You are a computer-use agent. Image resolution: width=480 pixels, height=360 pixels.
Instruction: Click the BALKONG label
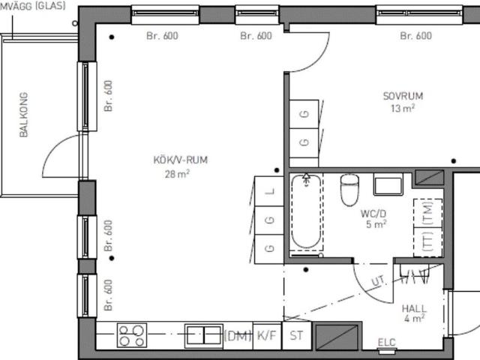tap(23, 115)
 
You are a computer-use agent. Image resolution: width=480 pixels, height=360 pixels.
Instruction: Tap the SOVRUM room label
tap(403, 96)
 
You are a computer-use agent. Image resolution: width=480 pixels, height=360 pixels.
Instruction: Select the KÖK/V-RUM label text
tap(180, 160)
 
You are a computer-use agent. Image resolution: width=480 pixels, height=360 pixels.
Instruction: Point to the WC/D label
tap(373, 213)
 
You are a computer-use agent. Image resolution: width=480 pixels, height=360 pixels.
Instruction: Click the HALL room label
tap(414, 308)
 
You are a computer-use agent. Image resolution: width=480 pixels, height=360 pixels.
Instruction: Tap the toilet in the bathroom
tap(349, 190)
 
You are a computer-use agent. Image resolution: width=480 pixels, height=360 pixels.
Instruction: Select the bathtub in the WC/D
tap(306, 211)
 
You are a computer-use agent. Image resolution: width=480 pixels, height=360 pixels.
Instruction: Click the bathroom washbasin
tap(388, 184)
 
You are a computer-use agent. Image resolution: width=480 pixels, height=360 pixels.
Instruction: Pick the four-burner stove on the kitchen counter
tap(132, 335)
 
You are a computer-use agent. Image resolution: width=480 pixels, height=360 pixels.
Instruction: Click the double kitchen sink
tap(203, 336)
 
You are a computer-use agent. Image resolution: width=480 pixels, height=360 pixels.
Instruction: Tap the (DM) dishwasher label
tap(238, 336)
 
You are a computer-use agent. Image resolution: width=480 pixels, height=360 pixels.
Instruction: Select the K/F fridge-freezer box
tap(267, 335)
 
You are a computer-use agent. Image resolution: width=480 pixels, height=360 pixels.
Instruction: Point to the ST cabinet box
tap(297, 335)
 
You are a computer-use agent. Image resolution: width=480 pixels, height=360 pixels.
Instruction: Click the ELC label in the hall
tap(387, 342)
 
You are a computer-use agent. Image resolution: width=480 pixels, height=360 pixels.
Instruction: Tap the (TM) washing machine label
tap(427, 213)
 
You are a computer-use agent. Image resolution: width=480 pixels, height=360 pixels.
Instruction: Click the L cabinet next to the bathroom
tap(269, 191)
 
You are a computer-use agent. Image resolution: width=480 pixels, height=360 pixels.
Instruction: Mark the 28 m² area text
tap(177, 173)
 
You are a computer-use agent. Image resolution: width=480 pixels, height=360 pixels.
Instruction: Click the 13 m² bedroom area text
tap(403, 108)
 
